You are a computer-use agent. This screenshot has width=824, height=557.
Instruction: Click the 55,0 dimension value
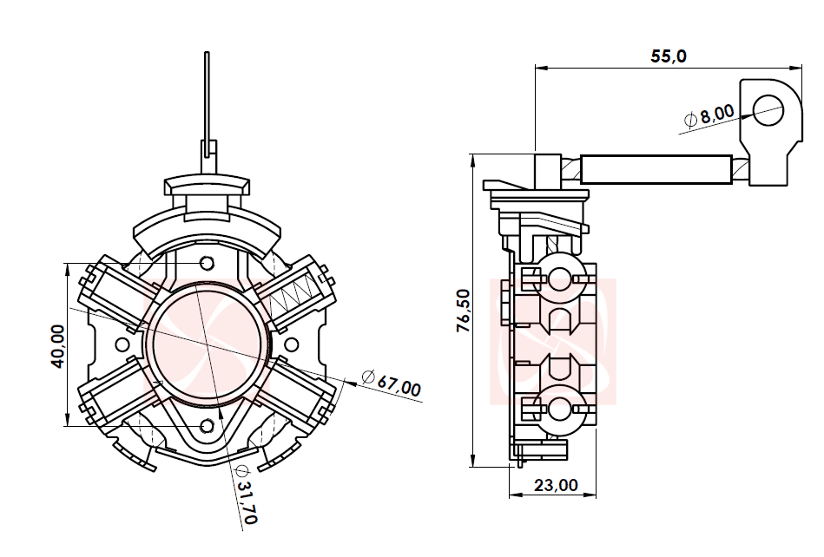click(669, 56)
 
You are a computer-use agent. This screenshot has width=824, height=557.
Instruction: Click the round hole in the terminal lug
click(768, 109)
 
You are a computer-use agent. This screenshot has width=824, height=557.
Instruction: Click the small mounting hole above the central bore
click(207, 263)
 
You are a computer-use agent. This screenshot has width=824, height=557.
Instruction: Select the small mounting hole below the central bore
click(207, 425)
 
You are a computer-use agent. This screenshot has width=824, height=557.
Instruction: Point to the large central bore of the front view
click(207, 344)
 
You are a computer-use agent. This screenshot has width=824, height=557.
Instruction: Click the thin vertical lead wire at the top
click(207, 95)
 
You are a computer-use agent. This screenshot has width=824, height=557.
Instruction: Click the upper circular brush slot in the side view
click(559, 278)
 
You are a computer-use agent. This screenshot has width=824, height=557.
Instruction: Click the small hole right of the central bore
click(291, 344)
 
